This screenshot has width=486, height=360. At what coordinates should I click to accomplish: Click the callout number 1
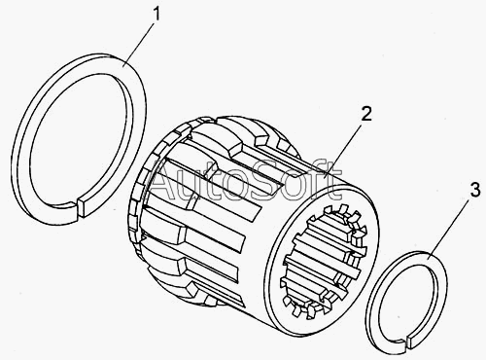(x=156, y=15)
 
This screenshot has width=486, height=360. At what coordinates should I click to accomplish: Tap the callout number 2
(x=366, y=114)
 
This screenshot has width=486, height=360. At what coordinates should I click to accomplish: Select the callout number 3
(x=475, y=190)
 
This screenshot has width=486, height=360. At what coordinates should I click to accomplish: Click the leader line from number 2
(x=343, y=150)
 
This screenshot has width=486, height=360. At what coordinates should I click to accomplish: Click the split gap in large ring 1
(x=78, y=211)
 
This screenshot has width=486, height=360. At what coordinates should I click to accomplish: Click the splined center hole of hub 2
(x=325, y=259)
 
